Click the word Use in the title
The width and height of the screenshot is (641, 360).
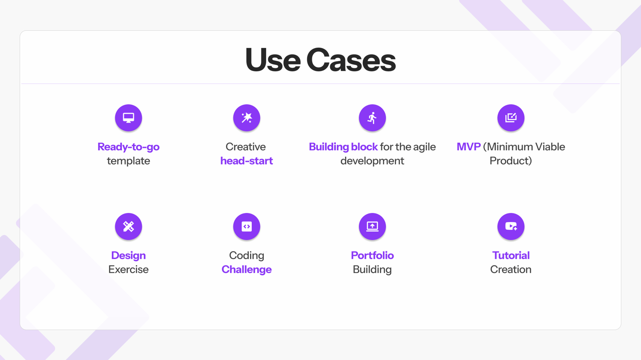(x=273, y=60)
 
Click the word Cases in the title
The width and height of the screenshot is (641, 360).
(x=351, y=60)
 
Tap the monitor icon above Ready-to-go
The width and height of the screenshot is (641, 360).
(x=129, y=118)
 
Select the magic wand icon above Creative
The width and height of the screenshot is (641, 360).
(x=247, y=118)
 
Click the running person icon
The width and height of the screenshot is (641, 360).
(x=372, y=118)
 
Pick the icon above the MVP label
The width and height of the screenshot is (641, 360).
(x=511, y=118)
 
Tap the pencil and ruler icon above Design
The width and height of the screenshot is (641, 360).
(x=129, y=226)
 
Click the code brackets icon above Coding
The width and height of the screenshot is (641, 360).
(x=247, y=226)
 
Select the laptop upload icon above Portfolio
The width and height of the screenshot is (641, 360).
(x=372, y=226)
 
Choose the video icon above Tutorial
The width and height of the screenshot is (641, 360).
(x=511, y=226)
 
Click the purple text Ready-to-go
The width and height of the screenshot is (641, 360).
(x=129, y=147)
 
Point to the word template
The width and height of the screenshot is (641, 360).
(x=129, y=161)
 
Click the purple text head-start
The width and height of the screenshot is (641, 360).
(x=247, y=161)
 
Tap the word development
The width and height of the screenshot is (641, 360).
(x=372, y=161)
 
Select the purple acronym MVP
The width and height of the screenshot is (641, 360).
(x=468, y=146)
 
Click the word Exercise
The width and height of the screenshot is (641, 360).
(x=129, y=269)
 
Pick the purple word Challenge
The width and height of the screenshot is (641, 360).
(x=247, y=269)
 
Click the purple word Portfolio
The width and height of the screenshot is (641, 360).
(x=372, y=255)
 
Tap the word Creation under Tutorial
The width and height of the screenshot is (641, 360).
(x=511, y=269)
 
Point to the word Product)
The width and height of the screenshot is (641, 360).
(x=511, y=161)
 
